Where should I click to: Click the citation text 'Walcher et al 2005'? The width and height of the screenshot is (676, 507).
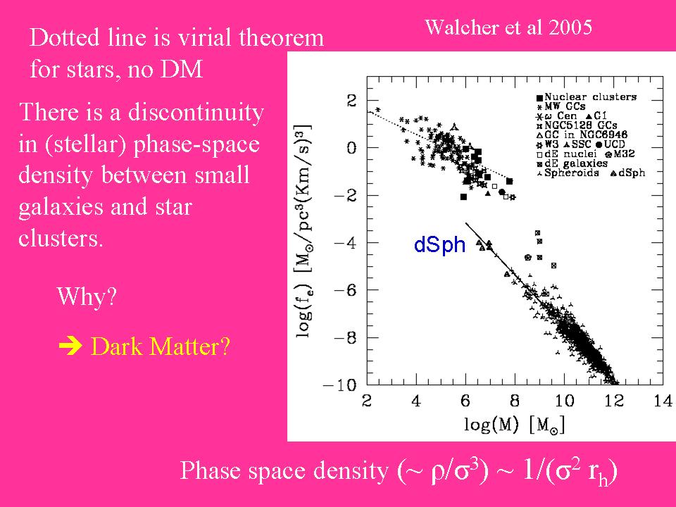[508, 28]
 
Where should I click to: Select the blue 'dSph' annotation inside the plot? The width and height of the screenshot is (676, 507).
[440, 245]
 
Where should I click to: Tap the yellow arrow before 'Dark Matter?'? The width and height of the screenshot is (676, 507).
[71, 346]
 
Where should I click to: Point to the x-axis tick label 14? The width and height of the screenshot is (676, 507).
[663, 401]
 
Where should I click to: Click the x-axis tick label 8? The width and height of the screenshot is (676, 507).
[515, 401]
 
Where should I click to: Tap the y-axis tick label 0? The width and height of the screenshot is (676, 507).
[351, 147]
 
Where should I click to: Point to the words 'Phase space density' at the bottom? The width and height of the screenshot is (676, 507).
[284, 470]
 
